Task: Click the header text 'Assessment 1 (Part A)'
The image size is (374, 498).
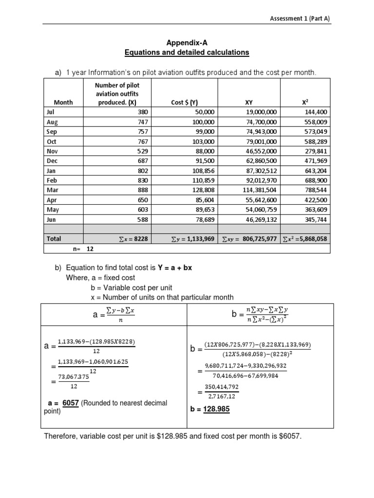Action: click(300, 18)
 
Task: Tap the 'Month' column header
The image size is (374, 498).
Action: click(63, 102)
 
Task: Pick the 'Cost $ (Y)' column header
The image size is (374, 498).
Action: click(184, 102)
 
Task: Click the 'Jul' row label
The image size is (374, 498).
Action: click(51, 112)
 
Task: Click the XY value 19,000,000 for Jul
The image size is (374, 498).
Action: click(261, 112)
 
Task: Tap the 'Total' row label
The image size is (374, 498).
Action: click(54, 239)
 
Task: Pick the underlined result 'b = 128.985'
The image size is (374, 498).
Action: click(210, 409)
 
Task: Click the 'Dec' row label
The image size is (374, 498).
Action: click(52, 161)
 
